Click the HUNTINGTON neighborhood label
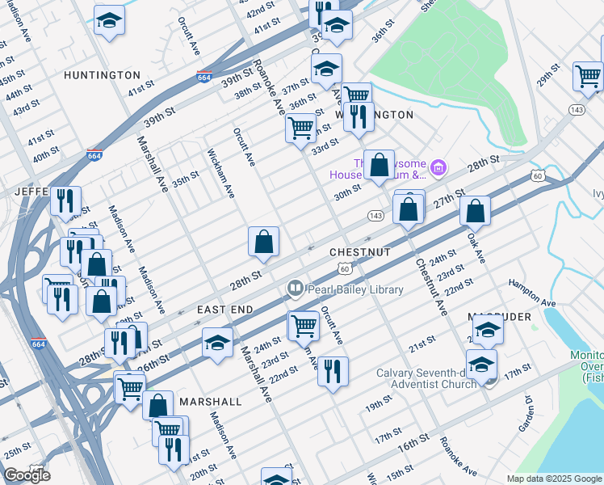tap(103, 75)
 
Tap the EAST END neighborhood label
tap(225, 310)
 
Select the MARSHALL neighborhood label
tap(211, 402)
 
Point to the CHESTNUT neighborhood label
tap(360, 253)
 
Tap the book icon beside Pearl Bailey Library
tap(296, 289)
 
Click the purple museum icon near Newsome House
tap(438, 168)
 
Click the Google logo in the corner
tap(27, 475)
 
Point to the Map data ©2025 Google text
tap(553, 479)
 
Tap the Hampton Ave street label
tap(532, 293)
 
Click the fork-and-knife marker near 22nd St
tap(333, 372)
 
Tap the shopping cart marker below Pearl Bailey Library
tap(303, 325)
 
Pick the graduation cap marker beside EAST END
tap(216, 343)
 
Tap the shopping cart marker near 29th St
tap(589, 76)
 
